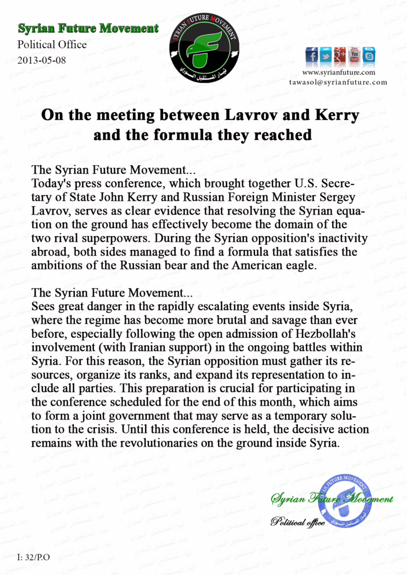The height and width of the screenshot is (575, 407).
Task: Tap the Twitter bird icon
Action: click(325, 55)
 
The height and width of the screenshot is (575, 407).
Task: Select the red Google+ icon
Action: click(340, 55)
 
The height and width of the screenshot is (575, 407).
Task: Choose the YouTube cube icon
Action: click(354, 55)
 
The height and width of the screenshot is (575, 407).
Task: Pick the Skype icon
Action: click(368, 55)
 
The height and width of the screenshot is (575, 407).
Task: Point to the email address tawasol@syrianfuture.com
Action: click(338, 82)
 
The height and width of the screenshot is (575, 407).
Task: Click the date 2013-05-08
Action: click(42, 60)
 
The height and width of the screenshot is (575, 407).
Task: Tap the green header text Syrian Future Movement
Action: click(88, 28)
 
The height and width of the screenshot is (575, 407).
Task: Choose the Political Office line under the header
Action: click(52, 44)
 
